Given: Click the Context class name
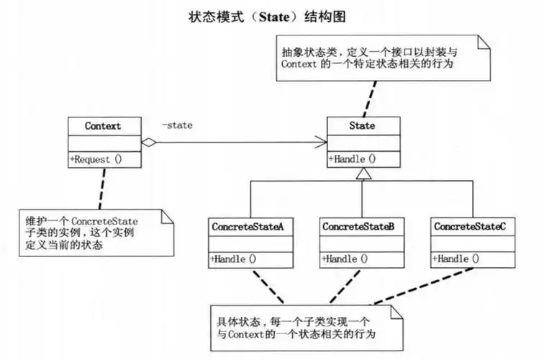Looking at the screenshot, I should click(x=103, y=125).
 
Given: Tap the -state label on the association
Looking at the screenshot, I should click(x=177, y=125).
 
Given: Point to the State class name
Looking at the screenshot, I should click(x=361, y=125).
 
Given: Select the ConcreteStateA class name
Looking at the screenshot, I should click(x=248, y=226).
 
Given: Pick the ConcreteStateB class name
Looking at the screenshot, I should click(x=358, y=226).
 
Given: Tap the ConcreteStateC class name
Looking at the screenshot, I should click(x=470, y=226).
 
